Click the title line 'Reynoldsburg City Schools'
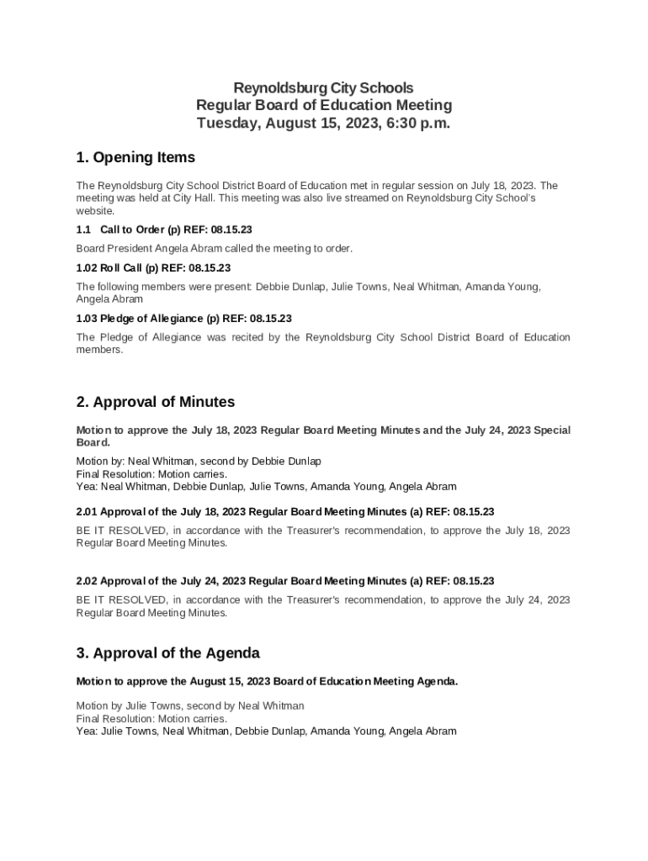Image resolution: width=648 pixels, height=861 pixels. pyautogui.click(x=323, y=87)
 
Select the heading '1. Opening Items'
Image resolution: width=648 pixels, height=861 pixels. pyautogui.click(x=135, y=157)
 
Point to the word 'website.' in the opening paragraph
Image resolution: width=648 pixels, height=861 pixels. pyautogui.click(x=95, y=211)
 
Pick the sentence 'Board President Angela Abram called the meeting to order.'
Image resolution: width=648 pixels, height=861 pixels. pyautogui.click(x=215, y=249)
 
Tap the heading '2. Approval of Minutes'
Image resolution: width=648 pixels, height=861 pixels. pyautogui.click(x=156, y=402)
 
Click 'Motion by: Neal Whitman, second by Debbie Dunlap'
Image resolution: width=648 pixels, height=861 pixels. pyautogui.click(x=199, y=462)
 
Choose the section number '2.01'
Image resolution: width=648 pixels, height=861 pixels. pyautogui.click(x=88, y=511)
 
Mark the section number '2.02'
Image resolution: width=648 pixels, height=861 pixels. pyautogui.click(x=88, y=581)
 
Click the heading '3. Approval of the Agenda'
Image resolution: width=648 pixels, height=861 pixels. pyautogui.click(x=168, y=653)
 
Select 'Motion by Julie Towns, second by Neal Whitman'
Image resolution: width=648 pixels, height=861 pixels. pyautogui.click(x=190, y=706)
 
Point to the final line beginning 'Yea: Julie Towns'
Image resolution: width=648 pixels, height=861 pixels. pyautogui.click(x=266, y=732)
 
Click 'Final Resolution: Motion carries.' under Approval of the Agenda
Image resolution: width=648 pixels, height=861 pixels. pyautogui.click(x=151, y=719)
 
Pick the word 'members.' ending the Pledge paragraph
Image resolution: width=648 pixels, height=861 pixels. pyautogui.click(x=99, y=350)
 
